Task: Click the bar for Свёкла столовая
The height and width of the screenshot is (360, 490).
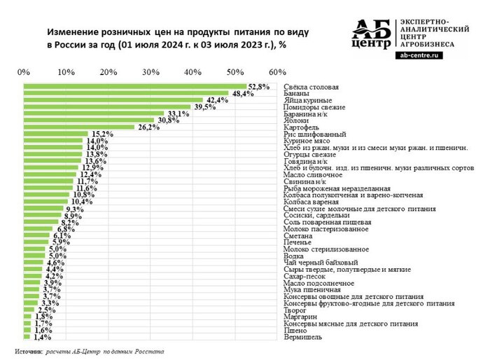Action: [129, 86]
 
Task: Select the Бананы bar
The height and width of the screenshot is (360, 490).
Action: [126, 93]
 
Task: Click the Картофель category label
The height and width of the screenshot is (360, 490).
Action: [302, 127]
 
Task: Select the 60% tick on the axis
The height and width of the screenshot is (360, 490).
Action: [276, 71]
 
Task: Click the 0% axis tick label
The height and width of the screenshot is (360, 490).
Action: [24, 71]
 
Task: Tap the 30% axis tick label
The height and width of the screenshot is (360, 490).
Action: [150, 71]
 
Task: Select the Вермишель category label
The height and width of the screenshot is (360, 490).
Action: [302, 337]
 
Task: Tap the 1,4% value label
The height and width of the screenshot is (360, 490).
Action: [43, 337]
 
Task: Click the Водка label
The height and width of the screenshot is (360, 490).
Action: [294, 256]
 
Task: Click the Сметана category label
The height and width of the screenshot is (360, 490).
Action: [298, 235]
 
